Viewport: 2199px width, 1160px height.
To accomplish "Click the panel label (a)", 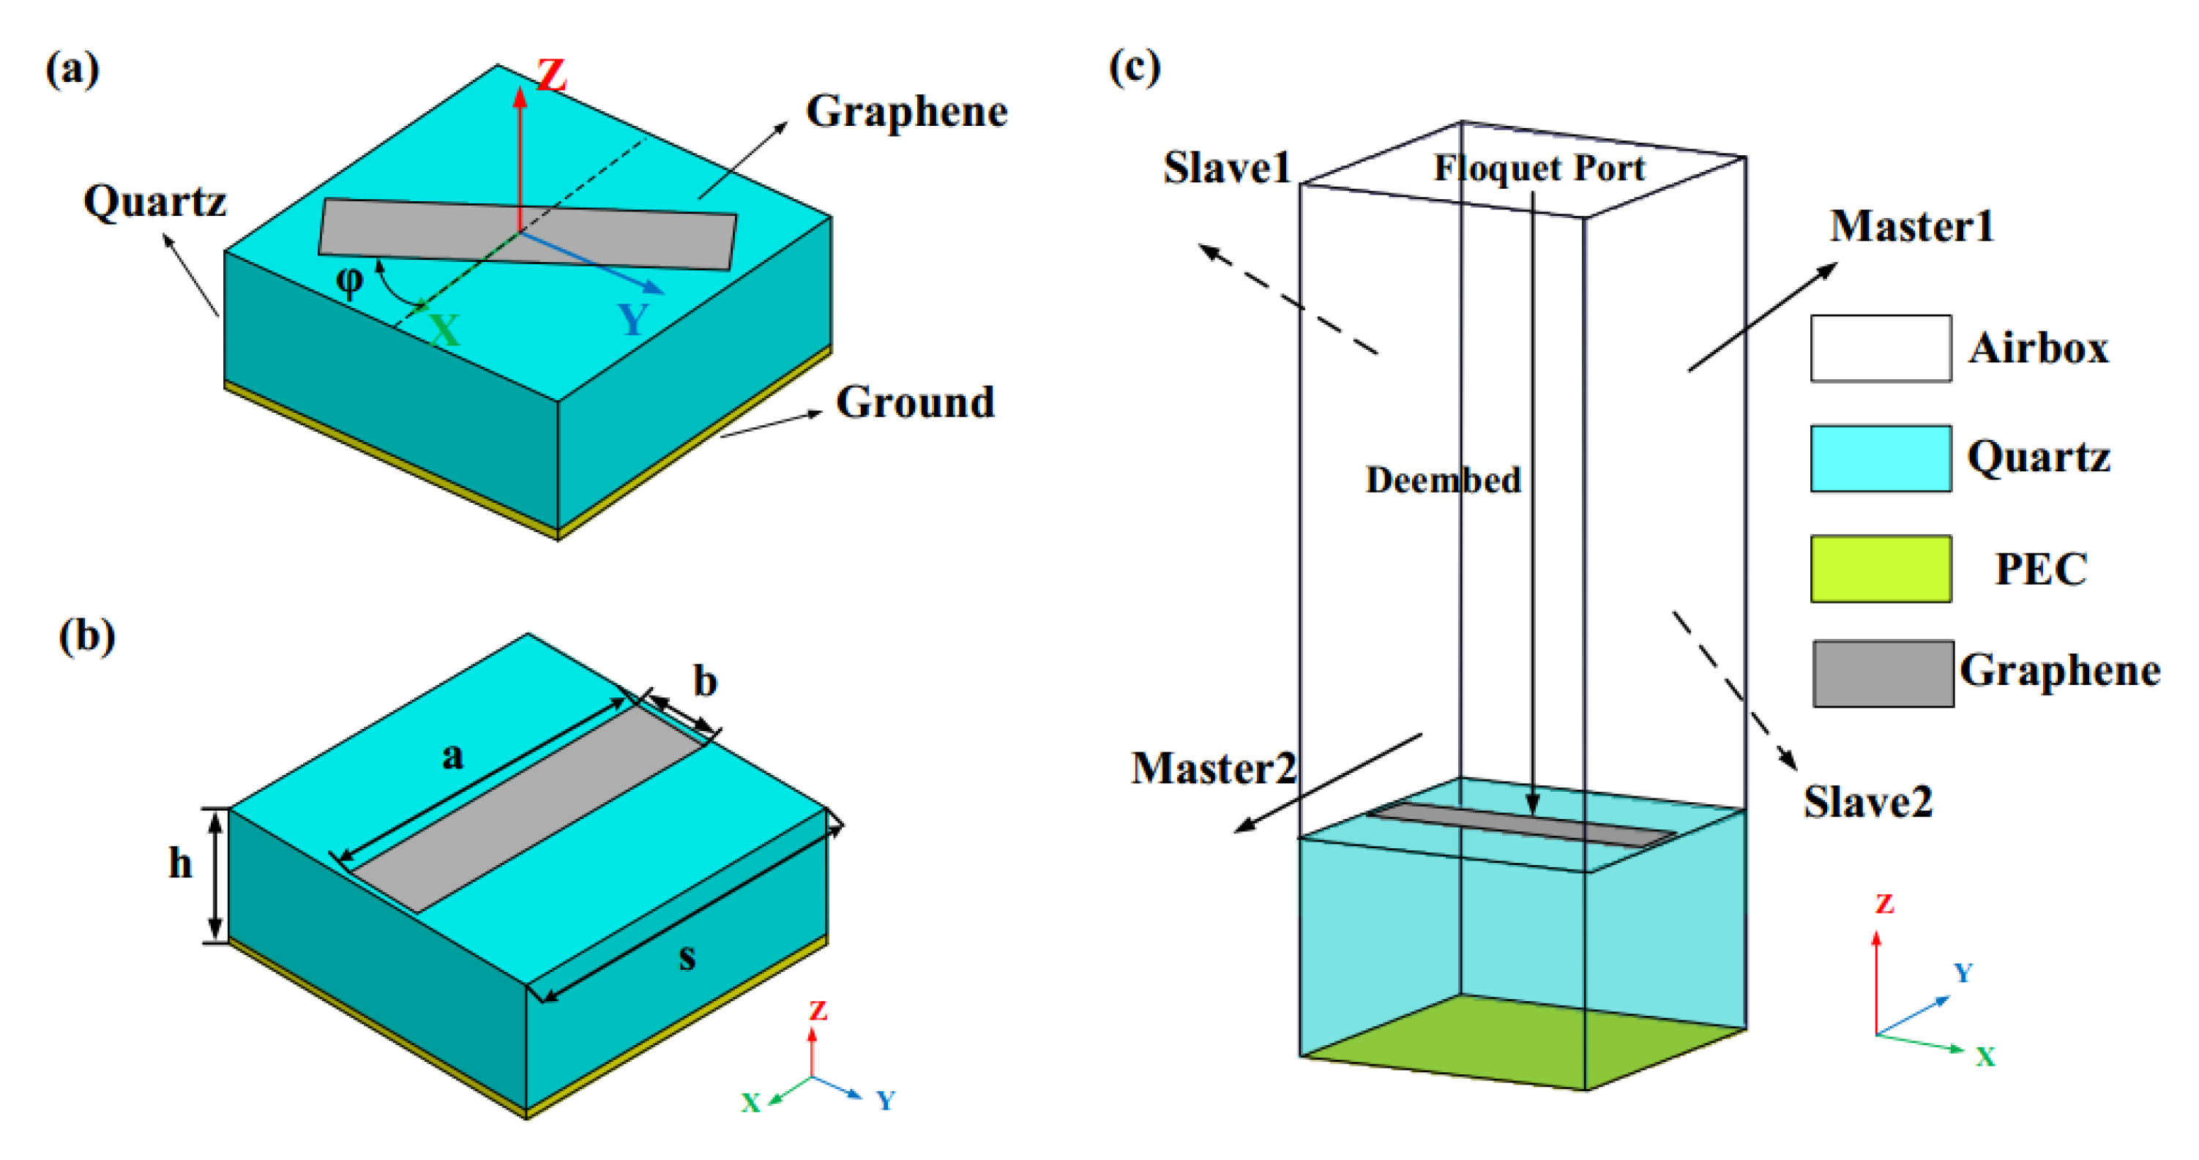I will point(72,68).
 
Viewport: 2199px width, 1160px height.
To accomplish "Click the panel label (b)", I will point(86,636).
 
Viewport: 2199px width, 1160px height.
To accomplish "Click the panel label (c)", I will point(1134,67).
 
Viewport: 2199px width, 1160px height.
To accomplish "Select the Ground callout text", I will point(915,402).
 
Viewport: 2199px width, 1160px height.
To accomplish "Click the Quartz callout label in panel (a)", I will point(154,202).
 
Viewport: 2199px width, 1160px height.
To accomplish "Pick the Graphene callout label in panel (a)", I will point(906,112).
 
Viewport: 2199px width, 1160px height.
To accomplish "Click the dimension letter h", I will point(179,863).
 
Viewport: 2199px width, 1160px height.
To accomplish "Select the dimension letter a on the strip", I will point(452,755).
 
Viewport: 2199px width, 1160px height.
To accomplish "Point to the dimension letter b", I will point(704,681).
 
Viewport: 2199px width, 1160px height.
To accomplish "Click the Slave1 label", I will point(1227,168).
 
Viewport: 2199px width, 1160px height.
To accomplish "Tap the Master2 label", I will point(1213,768).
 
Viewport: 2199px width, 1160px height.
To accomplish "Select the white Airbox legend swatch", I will point(1880,348).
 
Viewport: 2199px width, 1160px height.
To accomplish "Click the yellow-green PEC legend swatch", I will point(1880,569).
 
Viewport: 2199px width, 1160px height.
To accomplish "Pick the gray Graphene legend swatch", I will point(1882,673).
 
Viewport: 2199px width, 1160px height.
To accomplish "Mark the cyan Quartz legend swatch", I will point(1880,458).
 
